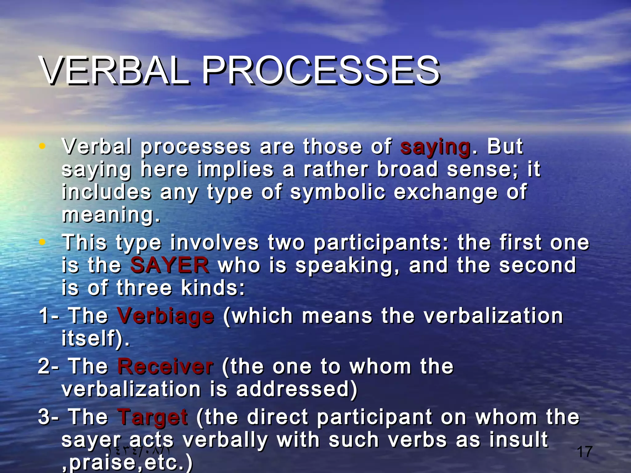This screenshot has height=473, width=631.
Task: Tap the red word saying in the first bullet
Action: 435,147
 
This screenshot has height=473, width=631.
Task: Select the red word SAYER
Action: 169,265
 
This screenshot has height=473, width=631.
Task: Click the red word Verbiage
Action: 165,316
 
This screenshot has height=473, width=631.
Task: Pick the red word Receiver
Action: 165,367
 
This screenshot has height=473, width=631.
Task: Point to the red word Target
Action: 153,417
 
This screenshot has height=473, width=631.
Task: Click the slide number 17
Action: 584,452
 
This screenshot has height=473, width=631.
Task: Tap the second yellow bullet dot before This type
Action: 42,242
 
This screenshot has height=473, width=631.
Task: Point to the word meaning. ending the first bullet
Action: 111,215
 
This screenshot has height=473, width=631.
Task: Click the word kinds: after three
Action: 213,288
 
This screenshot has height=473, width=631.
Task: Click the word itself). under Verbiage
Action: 96,339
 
